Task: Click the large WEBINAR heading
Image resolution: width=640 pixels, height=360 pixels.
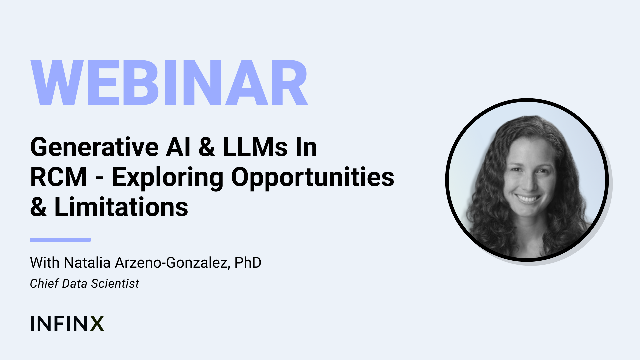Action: [x=169, y=83]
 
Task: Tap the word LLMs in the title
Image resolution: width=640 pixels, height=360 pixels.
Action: [x=255, y=147]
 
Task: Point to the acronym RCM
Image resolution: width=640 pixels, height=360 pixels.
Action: [x=59, y=177]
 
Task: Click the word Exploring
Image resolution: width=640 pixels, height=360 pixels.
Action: [x=167, y=177]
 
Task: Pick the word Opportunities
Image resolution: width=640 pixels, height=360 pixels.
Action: [x=313, y=177]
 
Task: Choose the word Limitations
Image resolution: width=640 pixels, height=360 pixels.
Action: [x=121, y=207]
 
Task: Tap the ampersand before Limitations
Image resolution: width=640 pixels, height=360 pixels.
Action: [x=38, y=207]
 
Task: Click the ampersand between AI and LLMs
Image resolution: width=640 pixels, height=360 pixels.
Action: [x=207, y=147]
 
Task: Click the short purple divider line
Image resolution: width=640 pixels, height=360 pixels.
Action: [x=60, y=240]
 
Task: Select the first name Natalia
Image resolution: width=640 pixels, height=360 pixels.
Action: [x=87, y=263]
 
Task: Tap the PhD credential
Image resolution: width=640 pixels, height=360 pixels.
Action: [x=248, y=263]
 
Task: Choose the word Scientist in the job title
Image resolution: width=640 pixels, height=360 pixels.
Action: [x=115, y=283]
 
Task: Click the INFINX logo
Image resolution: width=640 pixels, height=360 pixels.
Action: [x=67, y=323]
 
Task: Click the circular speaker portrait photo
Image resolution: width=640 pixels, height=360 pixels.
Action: [x=527, y=180]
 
